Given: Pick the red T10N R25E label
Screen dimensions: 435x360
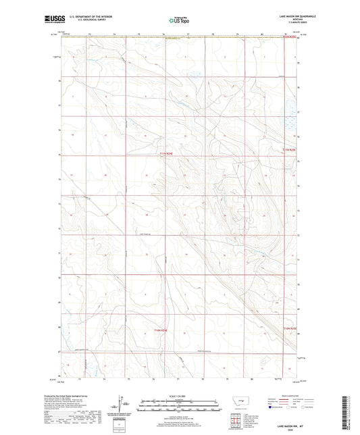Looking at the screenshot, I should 289,329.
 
